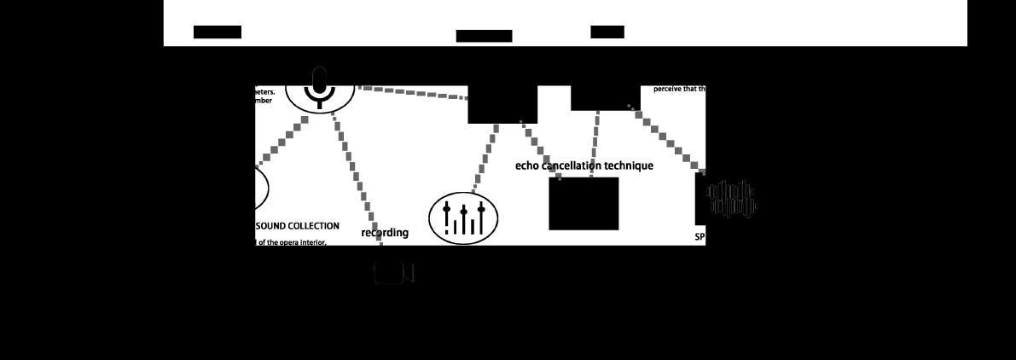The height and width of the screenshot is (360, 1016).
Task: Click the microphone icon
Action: click(x=320, y=88)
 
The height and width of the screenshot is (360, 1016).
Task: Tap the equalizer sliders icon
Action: click(x=463, y=218)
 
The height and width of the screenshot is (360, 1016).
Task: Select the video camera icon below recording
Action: click(x=393, y=273)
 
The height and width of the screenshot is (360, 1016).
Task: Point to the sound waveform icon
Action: click(x=731, y=200)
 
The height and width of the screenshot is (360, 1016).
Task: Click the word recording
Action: click(x=385, y=233)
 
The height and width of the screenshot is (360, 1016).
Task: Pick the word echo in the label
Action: click(x=528, y=165)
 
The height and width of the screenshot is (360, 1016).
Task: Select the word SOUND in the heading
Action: click(x=271, y=226)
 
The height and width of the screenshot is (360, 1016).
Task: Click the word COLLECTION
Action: click(x=314, y=226)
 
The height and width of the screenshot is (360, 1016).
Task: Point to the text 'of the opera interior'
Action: click(x=292, y=241)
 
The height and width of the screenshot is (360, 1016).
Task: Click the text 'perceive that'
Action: click(x=676, y=89)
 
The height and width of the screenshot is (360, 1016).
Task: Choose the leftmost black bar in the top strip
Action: click(x=218, y=32)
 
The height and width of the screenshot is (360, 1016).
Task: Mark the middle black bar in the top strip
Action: click(x=484, y=36)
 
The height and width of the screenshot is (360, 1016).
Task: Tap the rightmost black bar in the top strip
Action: click(x=607, y=32)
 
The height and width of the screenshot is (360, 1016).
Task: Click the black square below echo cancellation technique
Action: click(x=583, y=204)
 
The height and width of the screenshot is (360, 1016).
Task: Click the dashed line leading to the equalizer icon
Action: click(x=485, y=158)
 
